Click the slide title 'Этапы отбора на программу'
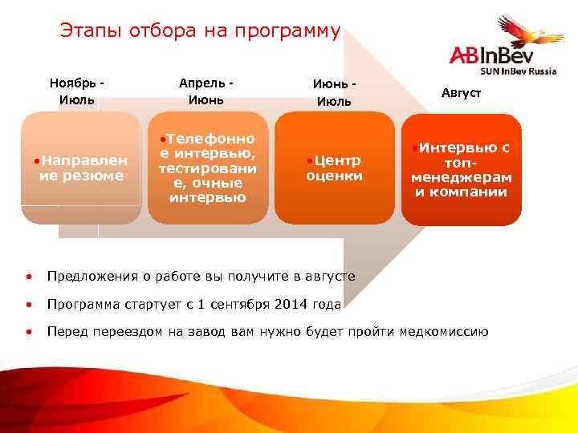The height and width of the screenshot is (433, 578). pos(200,31)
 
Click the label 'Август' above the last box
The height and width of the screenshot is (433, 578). pos(462,93)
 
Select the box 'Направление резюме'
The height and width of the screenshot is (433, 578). pos(81,168)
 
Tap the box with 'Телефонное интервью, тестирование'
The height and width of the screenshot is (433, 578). pos(208,168)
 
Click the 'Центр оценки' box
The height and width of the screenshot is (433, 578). pos(334,168)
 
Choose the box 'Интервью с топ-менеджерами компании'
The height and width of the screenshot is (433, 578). pos(461,170)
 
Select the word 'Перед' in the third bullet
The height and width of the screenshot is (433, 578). pos(65,332)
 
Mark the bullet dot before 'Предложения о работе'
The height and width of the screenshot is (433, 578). pos(28,277)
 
